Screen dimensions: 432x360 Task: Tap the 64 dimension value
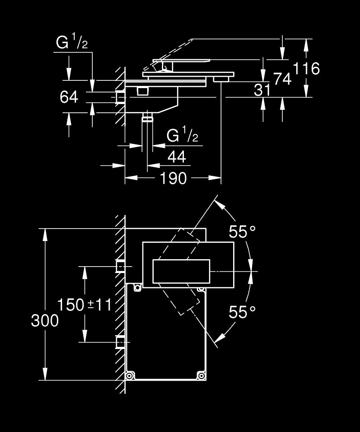point(69,97)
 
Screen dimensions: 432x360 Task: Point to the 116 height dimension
point(306,68)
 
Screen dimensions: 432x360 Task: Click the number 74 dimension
point(282,78)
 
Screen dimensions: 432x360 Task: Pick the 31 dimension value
point(262,90)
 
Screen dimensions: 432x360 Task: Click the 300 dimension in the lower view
point(44,321)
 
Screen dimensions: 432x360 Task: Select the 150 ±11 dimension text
point(85,305)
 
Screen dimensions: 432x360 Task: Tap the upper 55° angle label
point(242,232)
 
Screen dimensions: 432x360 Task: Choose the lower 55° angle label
point(242,312)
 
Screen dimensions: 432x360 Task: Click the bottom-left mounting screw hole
point(129,375)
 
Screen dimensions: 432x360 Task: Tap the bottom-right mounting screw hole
point(200,375)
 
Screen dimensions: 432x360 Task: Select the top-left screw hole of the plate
point(137,287)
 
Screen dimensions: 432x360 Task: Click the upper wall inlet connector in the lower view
point(120,267)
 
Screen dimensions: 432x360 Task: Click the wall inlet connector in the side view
point(120,97)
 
